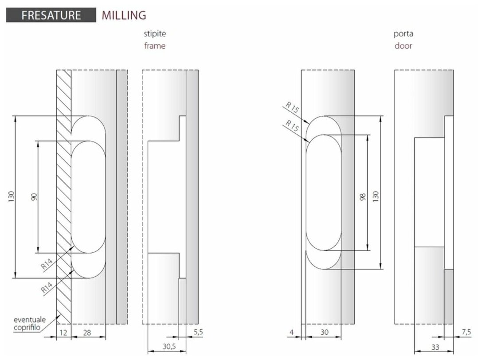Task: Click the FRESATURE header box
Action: [51, 15]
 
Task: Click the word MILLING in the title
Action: [124, 15]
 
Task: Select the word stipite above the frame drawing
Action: [155, 34]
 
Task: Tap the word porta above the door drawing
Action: [403, 34]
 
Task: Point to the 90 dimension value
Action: [34, 197]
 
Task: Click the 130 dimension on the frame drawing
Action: [11, 197]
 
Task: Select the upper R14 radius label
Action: [47, 265]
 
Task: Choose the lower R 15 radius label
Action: [292, 126]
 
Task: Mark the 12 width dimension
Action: [63, 332]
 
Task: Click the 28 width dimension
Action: [88, 332]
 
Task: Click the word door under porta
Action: [403, 46]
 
